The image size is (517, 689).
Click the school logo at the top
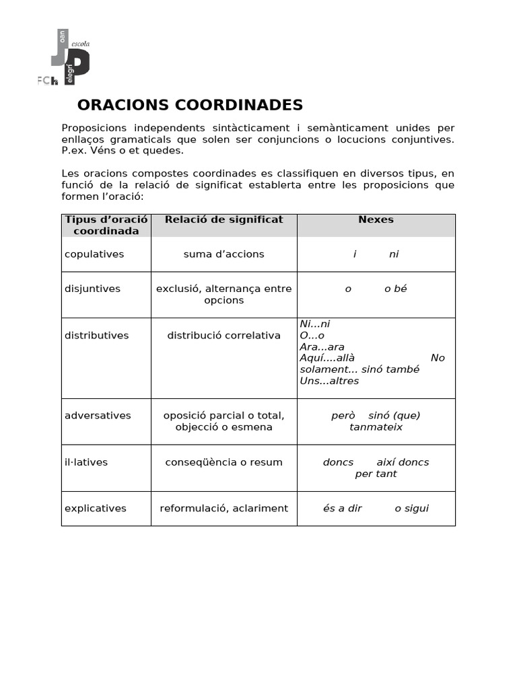pyautogui.click(x=65, y=58)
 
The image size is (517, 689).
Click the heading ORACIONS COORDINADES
pyautogui.click(x=190, y=105)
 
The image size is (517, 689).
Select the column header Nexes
pyautogui.click(x=376, y=219)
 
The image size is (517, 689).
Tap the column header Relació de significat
pyautogui.click(x=223, y=219)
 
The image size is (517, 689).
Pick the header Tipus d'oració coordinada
pyautogui.click(x=106, y=225)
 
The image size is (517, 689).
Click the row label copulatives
pyautogui.click(x=94, y=254)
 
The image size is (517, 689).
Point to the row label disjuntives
pyautogui.click(x=92, y=289)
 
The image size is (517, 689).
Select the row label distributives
pyautogui.click(x=96, y=335)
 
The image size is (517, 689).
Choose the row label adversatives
pyautogui.click(x=98, y=415)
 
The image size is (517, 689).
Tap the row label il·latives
pyautogui.click(x=86, y=462)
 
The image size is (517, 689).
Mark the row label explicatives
pyautogui.click(x=95, y=508)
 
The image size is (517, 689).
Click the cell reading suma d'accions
pyautogui.click(x=223, y=254)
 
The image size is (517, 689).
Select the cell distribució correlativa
pyautogui.click(x=223, y=335)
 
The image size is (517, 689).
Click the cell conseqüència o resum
pyautogui.click(x=223, y=462)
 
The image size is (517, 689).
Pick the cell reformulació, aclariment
pyautogui.click(x=223, y=508)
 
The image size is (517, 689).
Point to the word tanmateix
pyautogui.click(x=376, y=427)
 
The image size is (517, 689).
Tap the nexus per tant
pyautogui.click(x=376, y=474)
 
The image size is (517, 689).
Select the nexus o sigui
pyautogui.click(x=411, y=508)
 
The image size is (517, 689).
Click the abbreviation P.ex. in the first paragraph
pyautogui.click(x=74, y=151)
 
